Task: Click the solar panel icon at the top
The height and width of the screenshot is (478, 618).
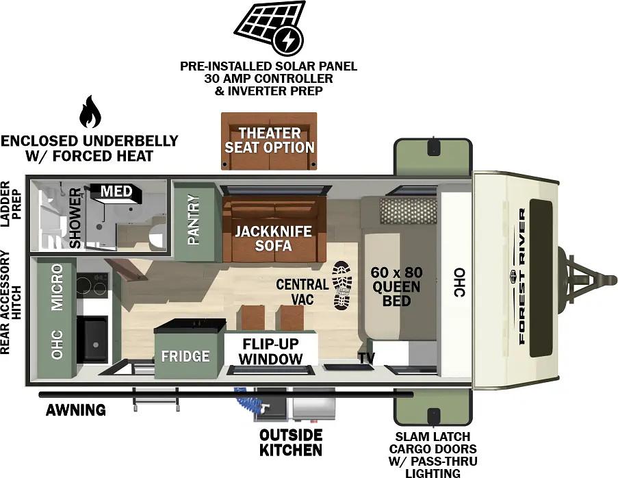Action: click(x=270, y=27)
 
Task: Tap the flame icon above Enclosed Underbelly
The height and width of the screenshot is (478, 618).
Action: click(x=90, y=112)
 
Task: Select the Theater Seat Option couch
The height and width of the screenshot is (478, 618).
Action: click(x=269, y=141)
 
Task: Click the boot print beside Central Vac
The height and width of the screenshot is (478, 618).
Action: click(x=342, y=285)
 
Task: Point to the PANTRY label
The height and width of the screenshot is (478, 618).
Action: click(x=194, y=219)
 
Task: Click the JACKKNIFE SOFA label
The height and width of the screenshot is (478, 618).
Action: click(x=273, y=238)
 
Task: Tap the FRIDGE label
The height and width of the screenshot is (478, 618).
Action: click(x=185, y=356)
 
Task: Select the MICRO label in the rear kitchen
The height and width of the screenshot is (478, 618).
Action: click(x=57, y=287)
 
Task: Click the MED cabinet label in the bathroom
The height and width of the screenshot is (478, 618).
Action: click(x=116, y=191)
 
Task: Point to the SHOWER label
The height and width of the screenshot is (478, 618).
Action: click(x=75, y=218)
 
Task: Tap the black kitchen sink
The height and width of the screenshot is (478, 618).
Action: click(x=92, y=339)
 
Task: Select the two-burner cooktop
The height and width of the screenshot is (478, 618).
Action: click(x=92, y=285)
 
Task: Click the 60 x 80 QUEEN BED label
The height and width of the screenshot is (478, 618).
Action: click(x=396, y=287)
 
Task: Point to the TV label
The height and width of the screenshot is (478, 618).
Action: click(x=366, y=357)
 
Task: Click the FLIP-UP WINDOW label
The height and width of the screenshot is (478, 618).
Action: click(x=271, y=351)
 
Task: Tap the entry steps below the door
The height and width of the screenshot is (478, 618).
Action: click(x=155, y=399)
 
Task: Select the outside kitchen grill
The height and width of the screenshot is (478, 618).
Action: click(x=313, y=404)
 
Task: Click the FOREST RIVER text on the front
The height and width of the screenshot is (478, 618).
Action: click(x=522, y=277)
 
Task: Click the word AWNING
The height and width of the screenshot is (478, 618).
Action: click(x=76, y=410)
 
